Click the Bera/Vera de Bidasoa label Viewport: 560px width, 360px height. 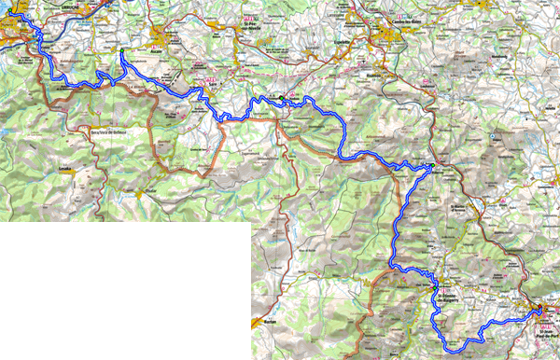[x=106, y=132]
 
